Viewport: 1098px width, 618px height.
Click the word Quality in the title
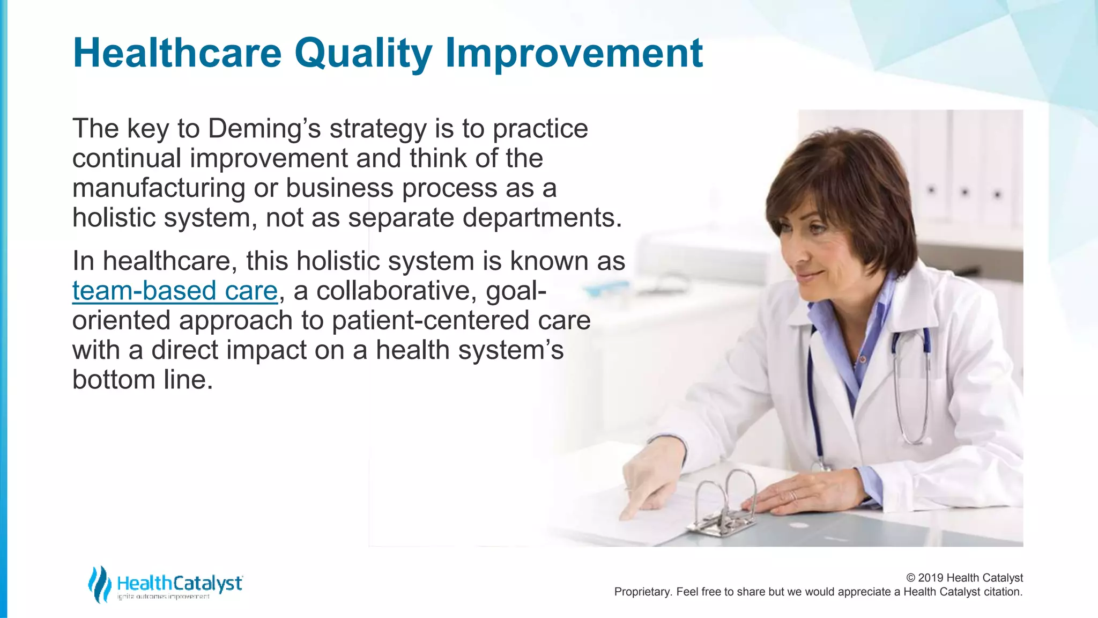click(363, 54)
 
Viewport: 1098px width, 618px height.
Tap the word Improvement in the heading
click(574, 54)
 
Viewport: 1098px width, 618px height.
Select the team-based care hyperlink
click(175, 291)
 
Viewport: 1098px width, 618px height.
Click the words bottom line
click(142, 380)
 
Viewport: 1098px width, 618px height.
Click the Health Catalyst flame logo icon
click(99, 584)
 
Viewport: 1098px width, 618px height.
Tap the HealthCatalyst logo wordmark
click(180, 583)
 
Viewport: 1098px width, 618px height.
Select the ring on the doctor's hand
click(793, 495)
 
